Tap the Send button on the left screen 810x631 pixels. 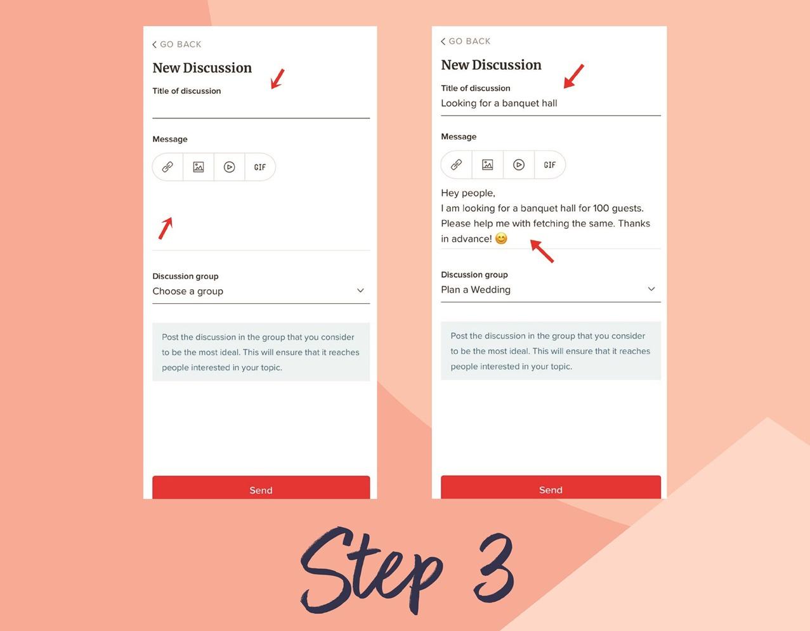[x=261, y=487]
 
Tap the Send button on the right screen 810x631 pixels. [x=551, y=487]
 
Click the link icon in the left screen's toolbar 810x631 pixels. [x=167, y=167]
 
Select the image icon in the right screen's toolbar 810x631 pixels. [x=488, y=165]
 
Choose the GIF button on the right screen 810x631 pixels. [x=549, y=165]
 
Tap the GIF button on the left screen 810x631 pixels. [x=260, y=167]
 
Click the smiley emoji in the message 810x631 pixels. [x=501, y=238]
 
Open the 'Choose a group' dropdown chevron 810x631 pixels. [x=360, y=290]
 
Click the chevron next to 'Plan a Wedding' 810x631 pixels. [x=651, y=289]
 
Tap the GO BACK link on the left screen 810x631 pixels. [x=177, y=44]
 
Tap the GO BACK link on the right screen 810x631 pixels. [x=466, y=41]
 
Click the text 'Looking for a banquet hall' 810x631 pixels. [x=499, y=103]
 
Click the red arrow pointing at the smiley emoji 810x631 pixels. [x=542, y=251]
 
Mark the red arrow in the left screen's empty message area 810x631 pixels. [x=166, y=228]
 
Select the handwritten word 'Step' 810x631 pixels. [x=371, y=570]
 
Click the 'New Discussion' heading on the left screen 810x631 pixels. [x=202, y=68]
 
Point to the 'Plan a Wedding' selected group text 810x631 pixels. [x=476, y=289]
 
